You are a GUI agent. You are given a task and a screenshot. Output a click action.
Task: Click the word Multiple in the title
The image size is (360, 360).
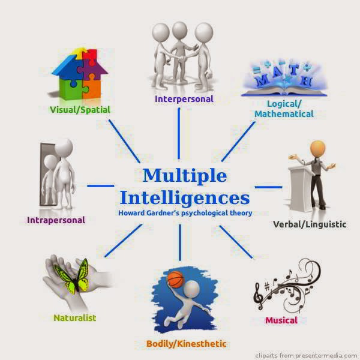185,176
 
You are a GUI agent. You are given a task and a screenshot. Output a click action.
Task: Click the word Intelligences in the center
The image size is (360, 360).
185,197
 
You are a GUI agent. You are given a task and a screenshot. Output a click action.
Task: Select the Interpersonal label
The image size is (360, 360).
184,98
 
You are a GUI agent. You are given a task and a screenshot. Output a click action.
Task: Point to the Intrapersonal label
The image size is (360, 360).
56,220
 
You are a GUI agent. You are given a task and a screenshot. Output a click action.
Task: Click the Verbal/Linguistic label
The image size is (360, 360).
310,224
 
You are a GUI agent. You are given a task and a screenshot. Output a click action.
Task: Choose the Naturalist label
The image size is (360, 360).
74,317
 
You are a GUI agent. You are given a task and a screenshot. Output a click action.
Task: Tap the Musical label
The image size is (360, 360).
281,320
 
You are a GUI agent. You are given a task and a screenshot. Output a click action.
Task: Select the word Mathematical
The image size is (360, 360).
284,113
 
